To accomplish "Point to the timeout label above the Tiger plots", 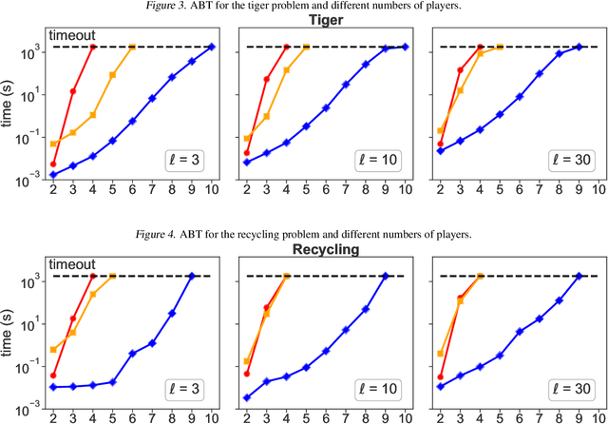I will coord(71,35).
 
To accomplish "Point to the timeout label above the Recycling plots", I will coord(71,265).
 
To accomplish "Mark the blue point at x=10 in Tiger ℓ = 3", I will coord(211,47).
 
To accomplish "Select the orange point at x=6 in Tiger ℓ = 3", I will coord(132,47).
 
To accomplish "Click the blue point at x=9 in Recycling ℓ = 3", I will coord(191,277).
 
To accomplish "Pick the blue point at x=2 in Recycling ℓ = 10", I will coord(247,397).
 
